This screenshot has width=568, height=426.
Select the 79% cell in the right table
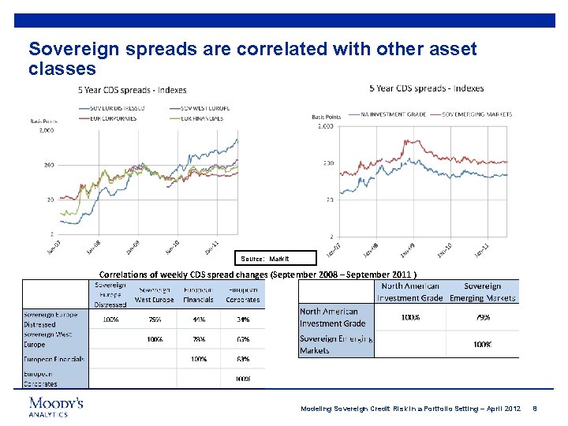click(x=482, y=317)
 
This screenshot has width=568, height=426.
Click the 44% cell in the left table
click(x=199, y=319)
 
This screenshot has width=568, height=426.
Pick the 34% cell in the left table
click(x=242, y=319)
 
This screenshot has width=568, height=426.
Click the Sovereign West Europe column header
click(x=155, y=295)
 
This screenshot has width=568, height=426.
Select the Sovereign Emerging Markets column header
click(x=483, y=292)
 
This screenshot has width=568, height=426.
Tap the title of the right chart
click(x=426, y=88)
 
